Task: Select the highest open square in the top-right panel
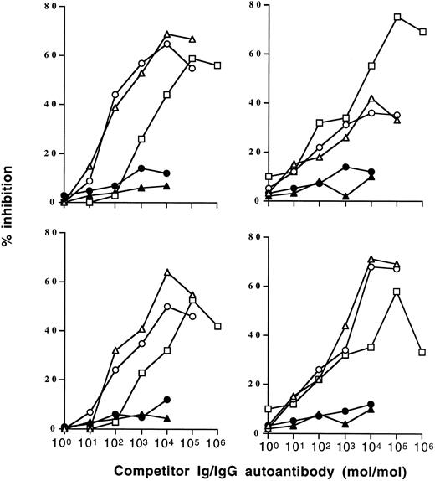click(397, 17)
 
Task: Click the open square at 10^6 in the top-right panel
click(422, 32)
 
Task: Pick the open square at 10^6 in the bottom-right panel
click(422, 353)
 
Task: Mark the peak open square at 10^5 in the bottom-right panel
click(397, 291)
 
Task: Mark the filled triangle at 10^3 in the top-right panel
click(345, 196)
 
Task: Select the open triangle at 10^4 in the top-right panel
click(371, 98)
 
